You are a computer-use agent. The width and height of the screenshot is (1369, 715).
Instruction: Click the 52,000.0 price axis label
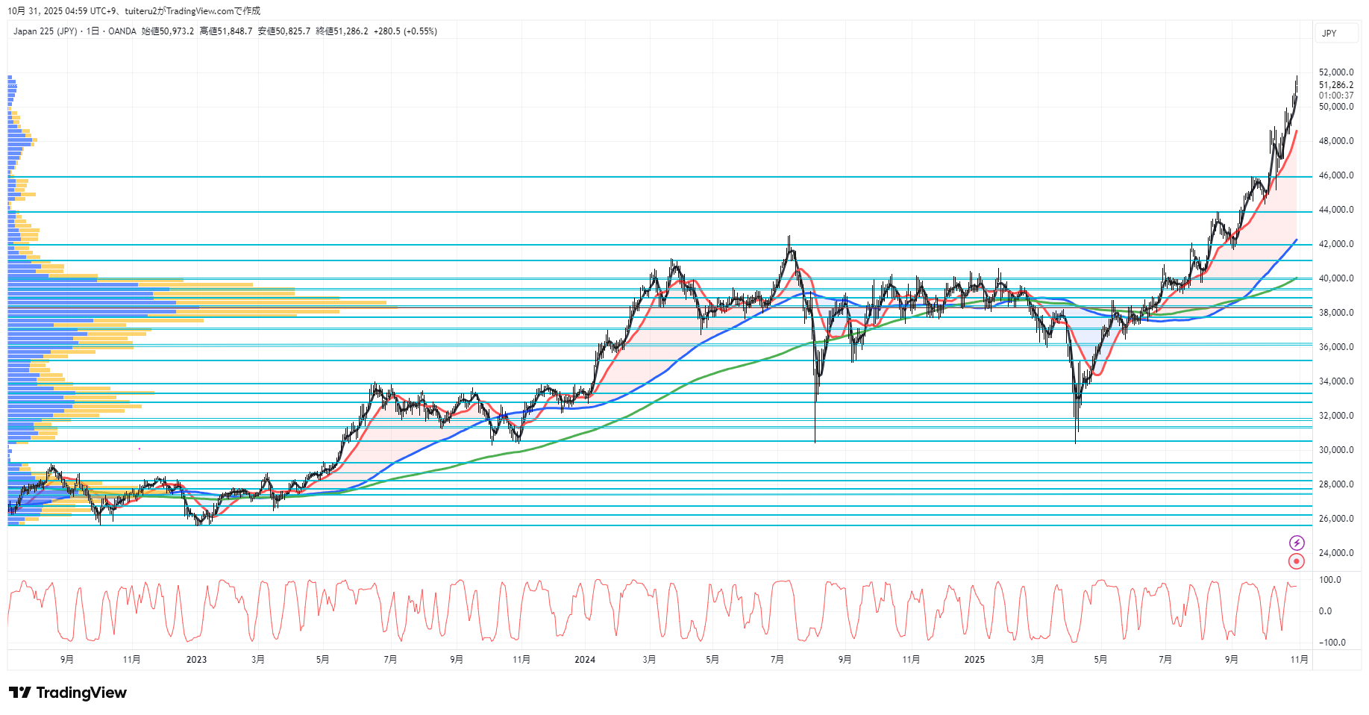1335,72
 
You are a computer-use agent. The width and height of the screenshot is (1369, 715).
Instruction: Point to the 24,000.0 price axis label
1335,553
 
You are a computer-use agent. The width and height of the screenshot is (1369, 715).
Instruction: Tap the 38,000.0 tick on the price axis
1335,313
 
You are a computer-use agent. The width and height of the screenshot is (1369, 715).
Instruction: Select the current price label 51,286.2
1335,85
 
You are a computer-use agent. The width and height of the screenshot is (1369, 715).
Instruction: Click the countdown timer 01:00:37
1335,96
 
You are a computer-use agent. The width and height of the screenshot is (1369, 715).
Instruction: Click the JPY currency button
1329,34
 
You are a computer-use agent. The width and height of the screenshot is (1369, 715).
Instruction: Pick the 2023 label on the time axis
196,660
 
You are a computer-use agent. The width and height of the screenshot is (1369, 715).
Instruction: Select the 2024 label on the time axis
585,660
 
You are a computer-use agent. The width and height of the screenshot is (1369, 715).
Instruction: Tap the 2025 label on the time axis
974,660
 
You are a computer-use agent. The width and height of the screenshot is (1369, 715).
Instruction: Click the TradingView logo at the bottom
68,693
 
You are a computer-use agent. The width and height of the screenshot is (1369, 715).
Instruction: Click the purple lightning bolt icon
1297,543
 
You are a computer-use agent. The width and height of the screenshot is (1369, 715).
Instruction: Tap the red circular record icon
1297,561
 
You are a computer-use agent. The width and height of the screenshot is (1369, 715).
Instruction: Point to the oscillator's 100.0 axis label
1329,580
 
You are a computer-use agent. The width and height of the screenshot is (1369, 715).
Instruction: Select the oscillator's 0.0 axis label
1325,611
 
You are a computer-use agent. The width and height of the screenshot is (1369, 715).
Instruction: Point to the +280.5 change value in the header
386,31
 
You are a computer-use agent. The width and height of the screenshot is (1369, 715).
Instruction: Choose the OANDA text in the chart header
122,31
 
